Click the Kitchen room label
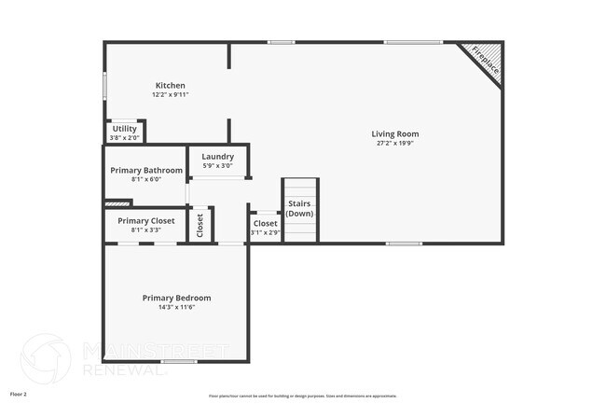pyautogui.click(x=170, y=85)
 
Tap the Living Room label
pyautogui.click(x=395, y=133)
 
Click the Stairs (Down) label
pyautogui.click(x=299, y=208)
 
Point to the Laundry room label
pyautogui.click(x=217, y=156)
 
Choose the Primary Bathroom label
pyautogui.click(x=145, y=170)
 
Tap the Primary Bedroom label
pyautogui.click(x=176, y=298)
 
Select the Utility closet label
pyautogui.click(x=124, y=129)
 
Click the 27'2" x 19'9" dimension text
pyautogui.click(x=395, y=144)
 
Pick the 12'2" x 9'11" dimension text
pyautogui.click(x=170, y=94)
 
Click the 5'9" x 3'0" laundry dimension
pyautogui.click(x=217, y=165)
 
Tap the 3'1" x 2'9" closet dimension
pyautogui.click(x=265, y=232)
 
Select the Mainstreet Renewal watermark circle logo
pyautogui.click(x=46, y=358)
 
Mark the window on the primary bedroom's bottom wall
pyautogui.click(x=179, y=361)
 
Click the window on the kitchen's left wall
pyautogui.click(x=103, y=84)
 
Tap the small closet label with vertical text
pyautogui.click(x=200, y=225)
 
